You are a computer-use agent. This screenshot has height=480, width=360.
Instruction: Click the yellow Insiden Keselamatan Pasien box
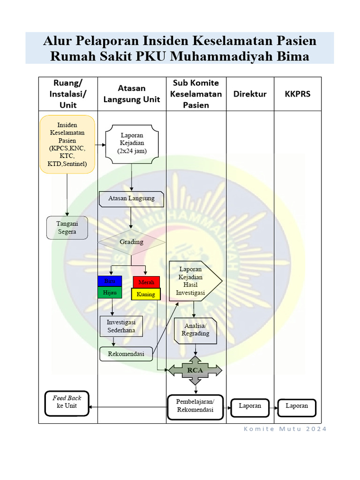tap(67, 144)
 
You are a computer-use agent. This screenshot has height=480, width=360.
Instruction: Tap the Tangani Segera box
tap(67, 228)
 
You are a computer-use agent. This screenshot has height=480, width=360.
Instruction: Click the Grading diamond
tap(131, 242)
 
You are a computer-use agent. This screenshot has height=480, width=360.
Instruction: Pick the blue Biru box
tap(110, 281)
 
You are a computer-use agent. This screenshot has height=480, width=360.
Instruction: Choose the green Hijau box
tap(110, 292)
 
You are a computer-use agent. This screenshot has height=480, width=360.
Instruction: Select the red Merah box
tap(146, 282)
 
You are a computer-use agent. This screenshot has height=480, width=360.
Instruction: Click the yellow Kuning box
tap(146, 294)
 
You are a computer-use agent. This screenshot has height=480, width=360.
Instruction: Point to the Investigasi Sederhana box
tap(121, 326)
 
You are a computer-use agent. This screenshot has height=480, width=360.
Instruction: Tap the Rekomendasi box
tap(126, 354)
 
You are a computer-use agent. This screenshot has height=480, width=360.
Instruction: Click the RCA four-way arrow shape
tap(195, 370)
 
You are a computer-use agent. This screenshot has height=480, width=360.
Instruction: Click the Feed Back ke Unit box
tap(67, 402)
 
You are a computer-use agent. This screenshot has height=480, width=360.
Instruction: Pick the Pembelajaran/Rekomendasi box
tap(195, 406)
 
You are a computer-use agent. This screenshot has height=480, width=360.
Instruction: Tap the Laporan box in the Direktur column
tap(250, 406)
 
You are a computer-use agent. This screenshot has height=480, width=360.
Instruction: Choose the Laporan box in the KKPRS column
tap(297, 406)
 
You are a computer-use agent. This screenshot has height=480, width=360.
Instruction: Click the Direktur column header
tap(250, 94)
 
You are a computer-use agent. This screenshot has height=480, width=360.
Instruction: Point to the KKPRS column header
tap(298, 94)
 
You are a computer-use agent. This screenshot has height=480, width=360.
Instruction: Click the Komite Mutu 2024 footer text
tap(285, 429)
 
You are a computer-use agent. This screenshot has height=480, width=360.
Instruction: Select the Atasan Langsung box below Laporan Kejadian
tap(131, 199)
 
